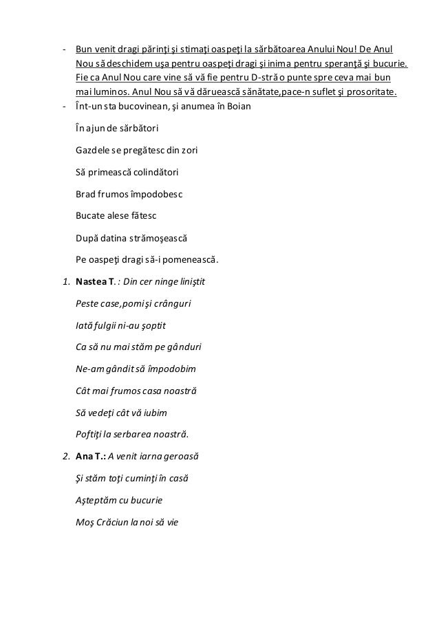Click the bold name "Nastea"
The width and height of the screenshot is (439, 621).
[x=91, y=282]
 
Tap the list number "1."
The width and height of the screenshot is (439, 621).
[x=65, y=282]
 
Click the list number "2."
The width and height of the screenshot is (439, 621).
[x=65, y=457]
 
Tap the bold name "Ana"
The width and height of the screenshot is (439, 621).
[x=83, y=457]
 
